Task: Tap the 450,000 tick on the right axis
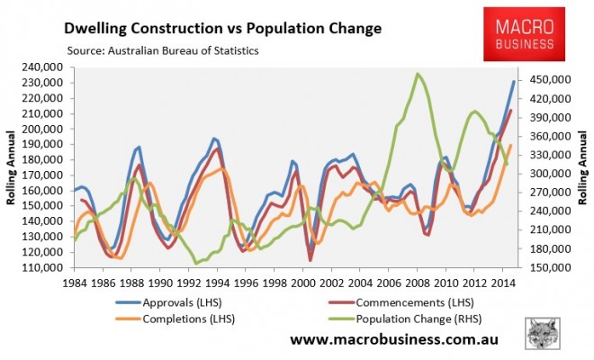pyautogui.click(x=548, y=80)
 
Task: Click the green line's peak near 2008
pyautogui.click(x=418, y=74)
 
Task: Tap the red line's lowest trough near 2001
pyautogui.click(x=311, y=260)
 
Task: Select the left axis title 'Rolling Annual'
pyautogui.click(x=13, y=167)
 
